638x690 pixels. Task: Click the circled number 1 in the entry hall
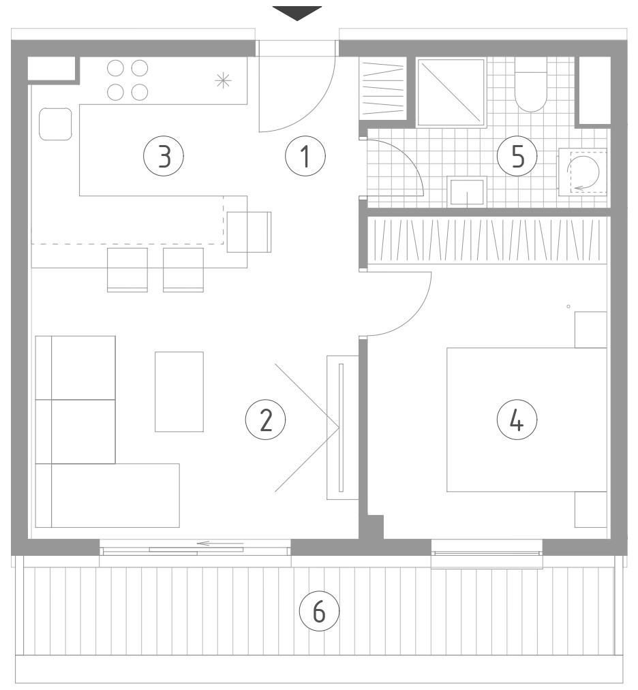pos(305,156)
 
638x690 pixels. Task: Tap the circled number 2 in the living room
pos(265,420)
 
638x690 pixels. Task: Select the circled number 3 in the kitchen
pos(164,156)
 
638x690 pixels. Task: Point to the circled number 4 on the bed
pos(517,420)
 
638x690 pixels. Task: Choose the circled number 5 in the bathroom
pos(517,156)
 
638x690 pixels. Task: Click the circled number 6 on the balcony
pos(319,612)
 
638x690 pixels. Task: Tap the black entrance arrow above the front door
pos(297,13)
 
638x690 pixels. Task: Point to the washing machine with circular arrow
pos(583,172)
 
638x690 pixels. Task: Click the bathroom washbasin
pos(467,191)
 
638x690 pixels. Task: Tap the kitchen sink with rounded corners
pos(55,124)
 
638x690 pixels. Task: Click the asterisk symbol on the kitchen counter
pos(223,80)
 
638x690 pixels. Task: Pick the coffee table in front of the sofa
pos(179,392)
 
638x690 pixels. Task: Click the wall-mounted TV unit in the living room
pos(342,427)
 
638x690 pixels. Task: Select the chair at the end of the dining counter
pos(249,232)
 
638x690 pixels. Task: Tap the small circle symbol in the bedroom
pos(568,307)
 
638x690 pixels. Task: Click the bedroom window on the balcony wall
pos(487,554)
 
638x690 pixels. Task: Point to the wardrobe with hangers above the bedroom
pos(487,240)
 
